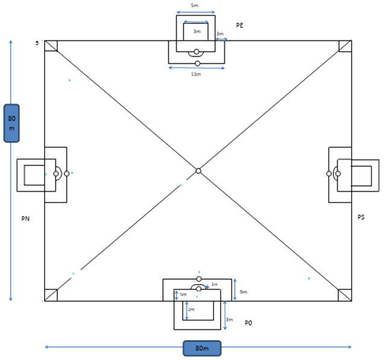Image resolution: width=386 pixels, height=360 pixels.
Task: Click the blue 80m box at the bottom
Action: [202, 349]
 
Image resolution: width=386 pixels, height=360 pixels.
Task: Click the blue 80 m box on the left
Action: [11, 123]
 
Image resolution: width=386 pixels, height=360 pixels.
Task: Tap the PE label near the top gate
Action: [239, 25]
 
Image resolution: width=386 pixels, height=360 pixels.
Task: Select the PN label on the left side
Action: [25, 219]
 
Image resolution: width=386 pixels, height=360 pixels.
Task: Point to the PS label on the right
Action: [361, 217]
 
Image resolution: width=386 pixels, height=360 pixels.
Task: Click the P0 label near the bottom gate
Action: [248, 323]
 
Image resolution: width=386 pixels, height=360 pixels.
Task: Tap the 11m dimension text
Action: [195, 74]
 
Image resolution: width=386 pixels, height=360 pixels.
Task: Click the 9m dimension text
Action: [243, 292]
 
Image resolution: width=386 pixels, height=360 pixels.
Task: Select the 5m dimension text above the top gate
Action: [194, 5]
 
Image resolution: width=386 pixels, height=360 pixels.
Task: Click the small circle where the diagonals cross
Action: [198, 171]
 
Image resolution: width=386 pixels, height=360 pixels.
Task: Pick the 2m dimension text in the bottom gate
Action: [191, 309]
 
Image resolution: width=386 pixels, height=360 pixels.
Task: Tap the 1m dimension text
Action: [214, 285]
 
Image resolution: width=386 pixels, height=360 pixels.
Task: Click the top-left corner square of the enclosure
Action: [51, 46]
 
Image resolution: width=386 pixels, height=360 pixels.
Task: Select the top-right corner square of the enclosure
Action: [345, 46]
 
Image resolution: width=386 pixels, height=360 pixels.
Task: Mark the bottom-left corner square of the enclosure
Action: [51, 295]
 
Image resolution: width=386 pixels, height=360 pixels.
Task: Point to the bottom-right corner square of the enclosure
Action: [345, 295]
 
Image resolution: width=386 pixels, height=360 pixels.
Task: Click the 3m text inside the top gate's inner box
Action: [197, 31]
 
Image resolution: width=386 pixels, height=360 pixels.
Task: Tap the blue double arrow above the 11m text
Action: [197, 68]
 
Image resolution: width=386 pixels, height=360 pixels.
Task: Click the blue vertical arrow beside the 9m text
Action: [235, 289]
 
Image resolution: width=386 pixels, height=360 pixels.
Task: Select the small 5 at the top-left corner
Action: [37, 43]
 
